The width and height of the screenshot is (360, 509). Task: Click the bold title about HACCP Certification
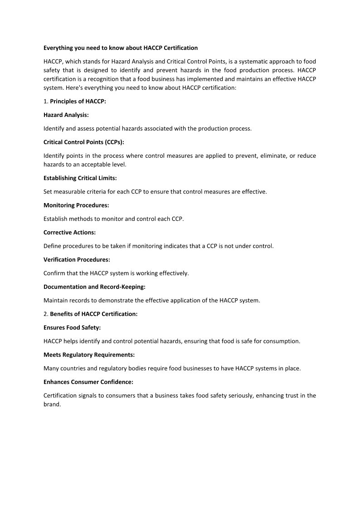[121, 48]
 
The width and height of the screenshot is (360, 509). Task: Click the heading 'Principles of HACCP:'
[78, 102]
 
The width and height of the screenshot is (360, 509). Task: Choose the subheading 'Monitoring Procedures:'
[76, 205]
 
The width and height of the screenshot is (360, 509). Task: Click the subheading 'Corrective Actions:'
[69, 233]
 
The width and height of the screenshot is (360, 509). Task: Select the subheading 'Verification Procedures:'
[77, 260]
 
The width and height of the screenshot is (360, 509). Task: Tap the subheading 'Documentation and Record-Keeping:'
[94, 287]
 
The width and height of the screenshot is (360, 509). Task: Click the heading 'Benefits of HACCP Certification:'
[93, 314]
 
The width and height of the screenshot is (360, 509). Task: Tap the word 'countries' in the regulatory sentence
[74, 368]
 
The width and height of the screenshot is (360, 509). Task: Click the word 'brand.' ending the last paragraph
[52, 404]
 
